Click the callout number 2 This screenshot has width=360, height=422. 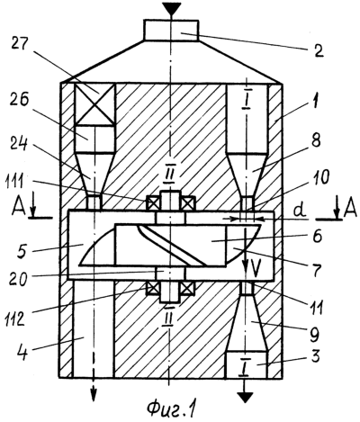(318, 51)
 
